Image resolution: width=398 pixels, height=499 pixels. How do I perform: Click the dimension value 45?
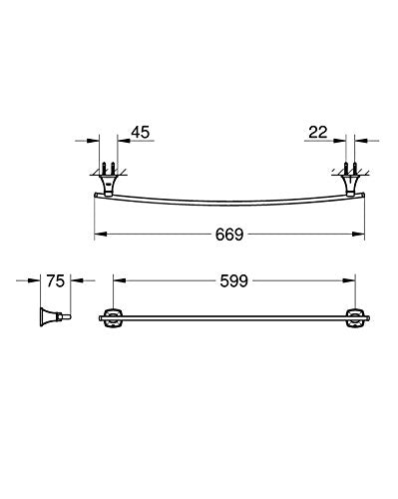[x=141, y=133]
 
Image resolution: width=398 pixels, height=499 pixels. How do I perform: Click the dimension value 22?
[x=318, y=133]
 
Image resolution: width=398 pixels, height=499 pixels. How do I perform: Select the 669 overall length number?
[x=229, y=235]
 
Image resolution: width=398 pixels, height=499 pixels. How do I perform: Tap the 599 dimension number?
[x=234, y=281]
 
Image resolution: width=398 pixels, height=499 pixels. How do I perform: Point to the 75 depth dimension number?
[x=55, y=281]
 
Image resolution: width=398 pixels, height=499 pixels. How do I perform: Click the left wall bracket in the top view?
[x=109, y=183]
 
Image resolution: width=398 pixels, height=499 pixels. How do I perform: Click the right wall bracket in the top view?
[x=350, y=183]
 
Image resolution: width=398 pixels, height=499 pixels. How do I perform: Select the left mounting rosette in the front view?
[x=113, y=318]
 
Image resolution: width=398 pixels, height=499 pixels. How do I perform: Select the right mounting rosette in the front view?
[x=355, y=318]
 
